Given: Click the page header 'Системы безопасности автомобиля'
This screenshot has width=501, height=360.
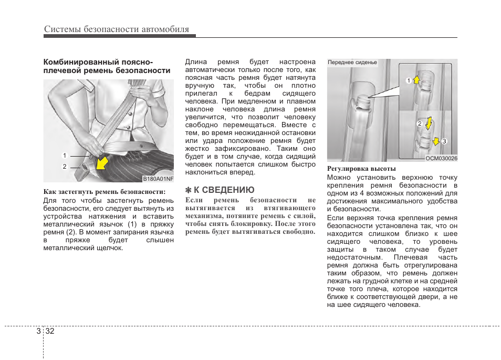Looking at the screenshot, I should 116,29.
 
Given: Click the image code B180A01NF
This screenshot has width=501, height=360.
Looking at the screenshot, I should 158,179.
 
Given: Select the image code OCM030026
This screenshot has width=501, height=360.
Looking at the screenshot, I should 441,158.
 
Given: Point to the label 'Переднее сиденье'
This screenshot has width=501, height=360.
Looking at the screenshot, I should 352,63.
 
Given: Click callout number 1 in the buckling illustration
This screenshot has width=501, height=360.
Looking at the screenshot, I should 65,156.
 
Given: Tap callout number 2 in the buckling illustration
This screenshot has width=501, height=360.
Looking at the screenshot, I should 65,167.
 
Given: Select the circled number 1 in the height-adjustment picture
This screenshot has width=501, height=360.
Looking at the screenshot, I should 408,80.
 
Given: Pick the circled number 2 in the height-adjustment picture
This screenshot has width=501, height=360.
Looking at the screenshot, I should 420,124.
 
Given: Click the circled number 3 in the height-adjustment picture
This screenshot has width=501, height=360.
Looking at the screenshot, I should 444,141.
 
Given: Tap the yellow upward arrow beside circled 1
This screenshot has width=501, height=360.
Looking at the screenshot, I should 416,79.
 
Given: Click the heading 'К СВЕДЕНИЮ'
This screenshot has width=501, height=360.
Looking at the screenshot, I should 224,190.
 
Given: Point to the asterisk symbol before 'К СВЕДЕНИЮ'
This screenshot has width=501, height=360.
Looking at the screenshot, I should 189,190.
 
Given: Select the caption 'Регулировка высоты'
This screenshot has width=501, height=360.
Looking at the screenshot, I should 361,169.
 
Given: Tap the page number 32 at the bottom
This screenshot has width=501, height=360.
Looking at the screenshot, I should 50,331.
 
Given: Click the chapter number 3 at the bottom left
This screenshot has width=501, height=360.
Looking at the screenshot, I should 39,331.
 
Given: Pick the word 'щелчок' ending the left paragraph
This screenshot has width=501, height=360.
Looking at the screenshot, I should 111,248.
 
